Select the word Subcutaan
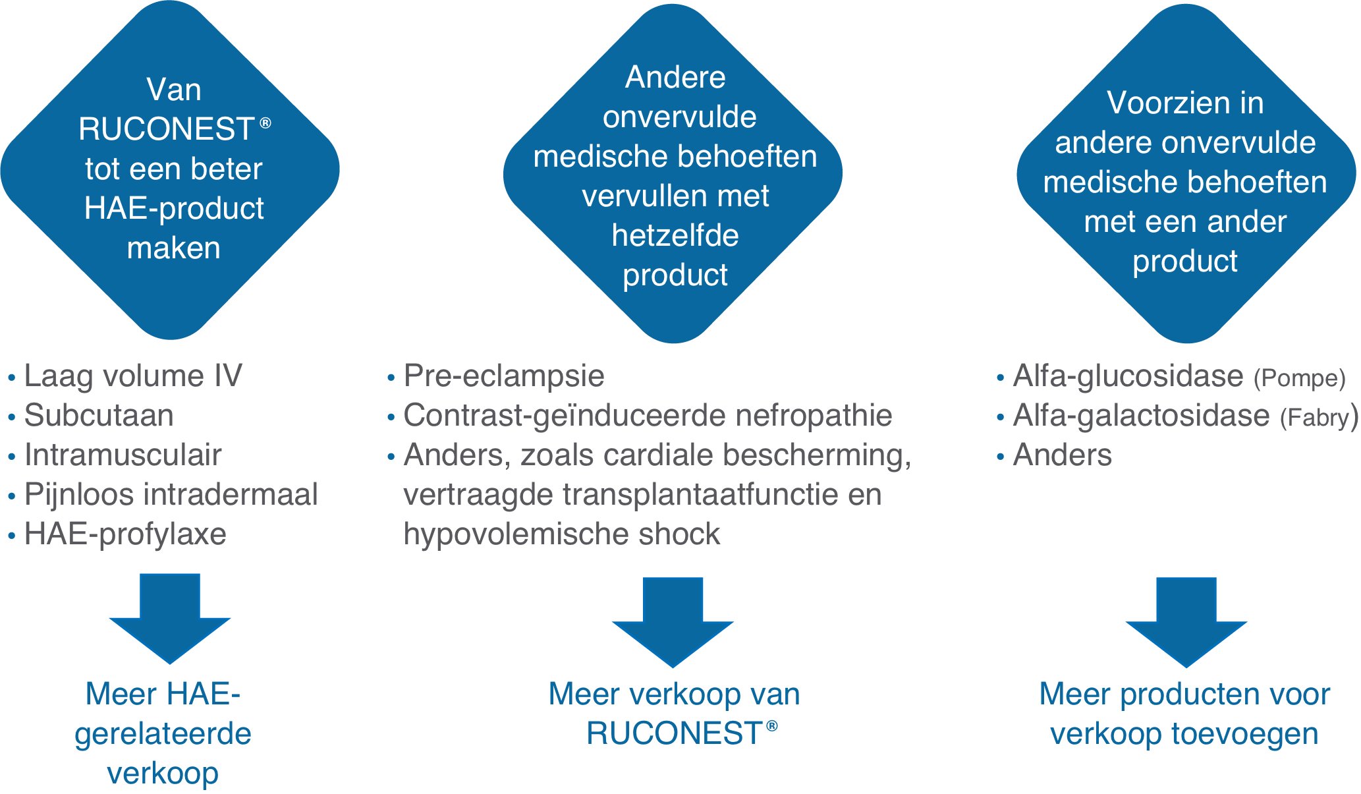coord(99,416)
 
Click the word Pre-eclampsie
coord(504,376)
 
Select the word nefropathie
coord(814,416)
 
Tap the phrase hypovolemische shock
coord(562,534)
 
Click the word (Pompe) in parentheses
coord(1299,378)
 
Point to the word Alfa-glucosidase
coord(1128,376)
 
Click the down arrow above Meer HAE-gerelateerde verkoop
coord(170,618)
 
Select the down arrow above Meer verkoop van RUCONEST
coord(673,622)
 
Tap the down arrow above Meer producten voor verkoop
coord(1186,622)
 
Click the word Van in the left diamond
coord(174,90)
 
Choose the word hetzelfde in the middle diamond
coord(675,235)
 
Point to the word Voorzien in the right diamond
coord(1159,103)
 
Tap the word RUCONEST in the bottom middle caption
coord(674,734)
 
